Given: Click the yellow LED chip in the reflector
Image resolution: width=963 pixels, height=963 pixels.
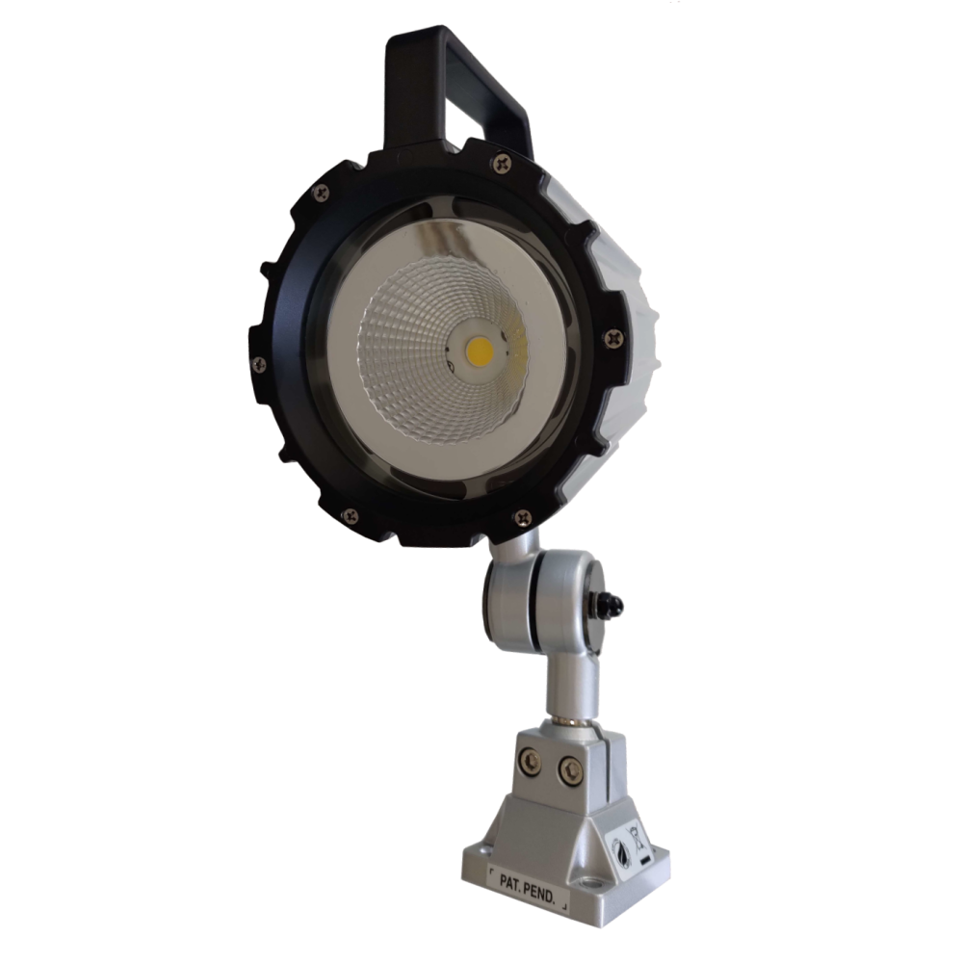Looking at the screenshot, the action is [480, 350].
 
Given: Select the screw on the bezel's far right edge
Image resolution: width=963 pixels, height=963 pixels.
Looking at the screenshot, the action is [612, 336].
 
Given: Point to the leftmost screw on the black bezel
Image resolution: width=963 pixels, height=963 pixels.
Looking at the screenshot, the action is [258, 362].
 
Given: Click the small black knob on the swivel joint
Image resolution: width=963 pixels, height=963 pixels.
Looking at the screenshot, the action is [612, 604].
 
